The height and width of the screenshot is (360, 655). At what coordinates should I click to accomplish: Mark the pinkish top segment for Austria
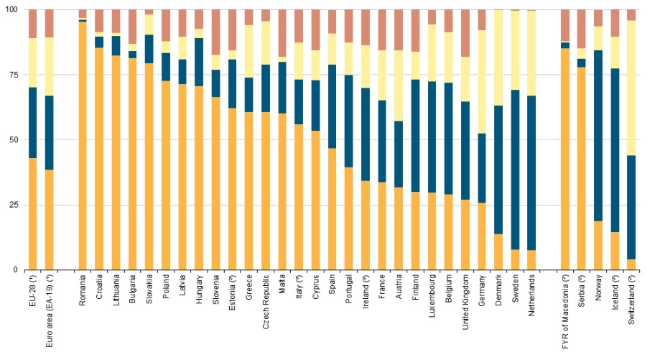[x=399, y=29]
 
